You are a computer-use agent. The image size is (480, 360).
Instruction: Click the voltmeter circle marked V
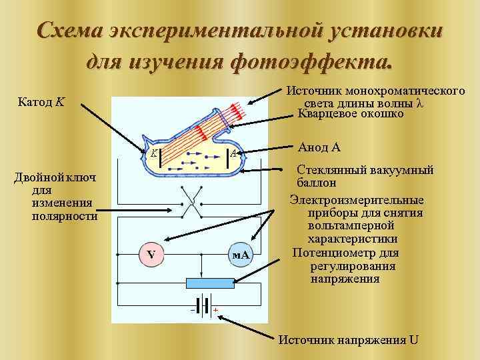[151, 254]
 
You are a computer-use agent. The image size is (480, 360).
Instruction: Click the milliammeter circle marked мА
[240, 255]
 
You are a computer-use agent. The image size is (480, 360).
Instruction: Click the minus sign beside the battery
[192, 311]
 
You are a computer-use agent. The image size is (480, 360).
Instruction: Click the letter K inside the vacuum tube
[154, 153]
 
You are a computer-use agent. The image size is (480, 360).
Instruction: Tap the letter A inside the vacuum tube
[233, 154]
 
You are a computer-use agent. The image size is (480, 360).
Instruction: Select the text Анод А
[320, 147]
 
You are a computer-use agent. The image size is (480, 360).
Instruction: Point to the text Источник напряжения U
[348, 339]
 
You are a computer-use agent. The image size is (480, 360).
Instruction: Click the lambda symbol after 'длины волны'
[419, 103]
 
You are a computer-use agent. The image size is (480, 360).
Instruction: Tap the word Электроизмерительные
[356, 199]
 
